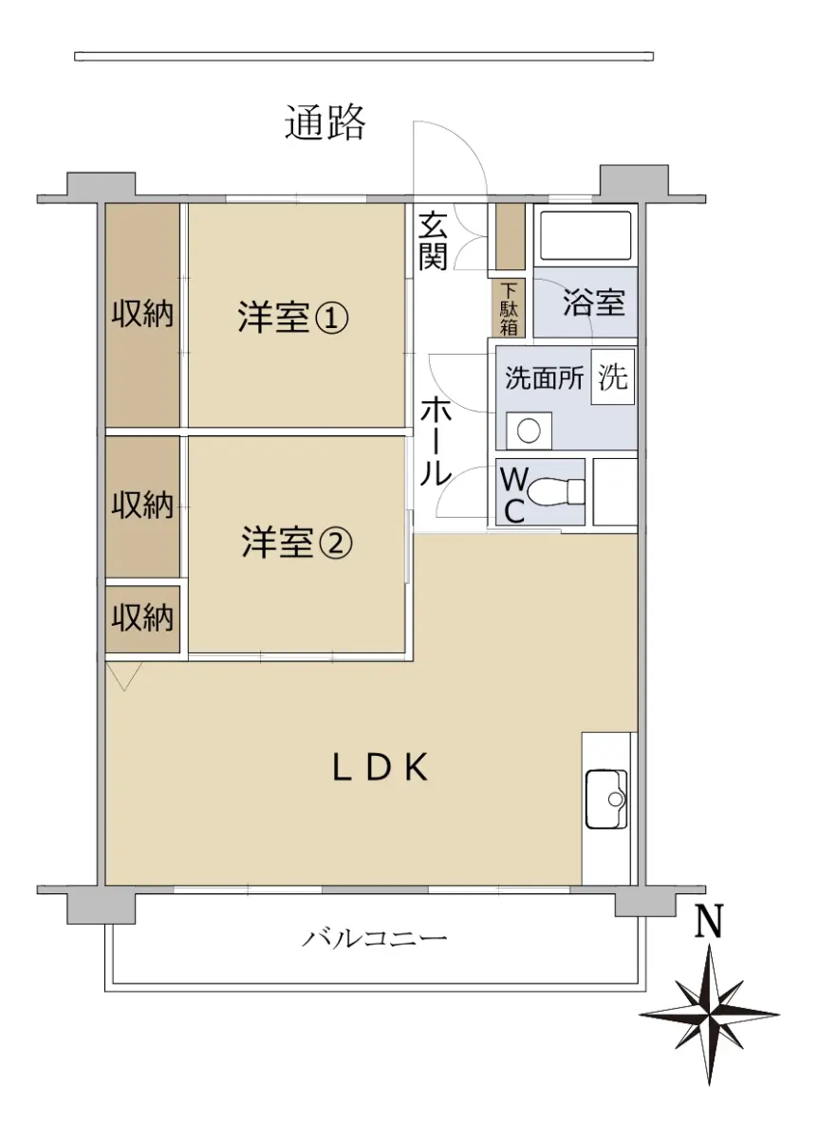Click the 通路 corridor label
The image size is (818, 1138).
(x=325, y=122)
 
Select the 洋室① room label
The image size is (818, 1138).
(x=293, y=318)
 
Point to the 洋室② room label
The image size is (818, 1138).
(x=297, y=542)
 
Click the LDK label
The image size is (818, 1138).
(x=381, y=767)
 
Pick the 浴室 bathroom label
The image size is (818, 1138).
(x=594, y=303)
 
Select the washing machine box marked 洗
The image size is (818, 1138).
(x=613, y=376)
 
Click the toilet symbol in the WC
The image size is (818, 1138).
(x=556, y=491)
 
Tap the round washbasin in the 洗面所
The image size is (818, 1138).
(x=530, y=431)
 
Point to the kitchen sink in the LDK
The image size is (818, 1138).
(x=606, y=799)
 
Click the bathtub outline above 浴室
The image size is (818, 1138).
(x=586, y=235)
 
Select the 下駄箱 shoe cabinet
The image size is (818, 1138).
(x=509, y=307)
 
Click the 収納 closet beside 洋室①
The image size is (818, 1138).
(x=143, y=315)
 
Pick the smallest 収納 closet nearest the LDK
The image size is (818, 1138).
(x=143, y=619)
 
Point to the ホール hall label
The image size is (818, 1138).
(x=436, y=441)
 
